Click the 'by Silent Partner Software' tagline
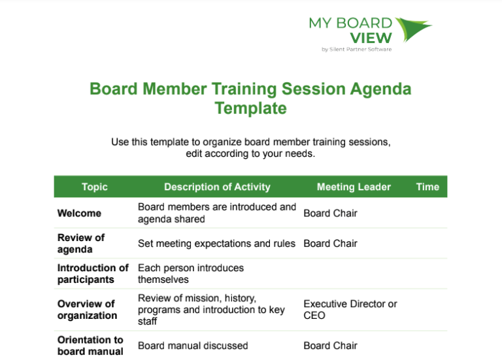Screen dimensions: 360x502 (356, 50)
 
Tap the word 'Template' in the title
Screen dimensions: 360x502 (251, 108)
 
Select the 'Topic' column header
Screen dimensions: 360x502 (95, 187)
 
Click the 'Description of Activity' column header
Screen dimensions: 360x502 (217, 187)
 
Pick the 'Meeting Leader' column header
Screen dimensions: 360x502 (354, 187)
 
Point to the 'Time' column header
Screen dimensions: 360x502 (427, 187)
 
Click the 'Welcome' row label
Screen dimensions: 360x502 (79, 213)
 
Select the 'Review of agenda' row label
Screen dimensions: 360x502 (80, 243)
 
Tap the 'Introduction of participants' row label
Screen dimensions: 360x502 (93, 274)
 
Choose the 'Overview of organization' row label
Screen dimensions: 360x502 (87, 310)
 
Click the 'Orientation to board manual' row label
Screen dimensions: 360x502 (90, 346)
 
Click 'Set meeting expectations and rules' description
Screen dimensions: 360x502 (216, 244)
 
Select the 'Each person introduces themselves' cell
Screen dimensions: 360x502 (190, 274)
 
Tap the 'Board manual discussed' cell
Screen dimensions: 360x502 (193, 346)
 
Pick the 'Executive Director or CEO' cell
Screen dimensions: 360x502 (350, 310)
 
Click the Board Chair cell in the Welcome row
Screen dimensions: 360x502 (330, 213)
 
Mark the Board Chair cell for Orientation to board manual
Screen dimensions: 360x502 (330, 346)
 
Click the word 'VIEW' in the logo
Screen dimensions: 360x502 (371, 38)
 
